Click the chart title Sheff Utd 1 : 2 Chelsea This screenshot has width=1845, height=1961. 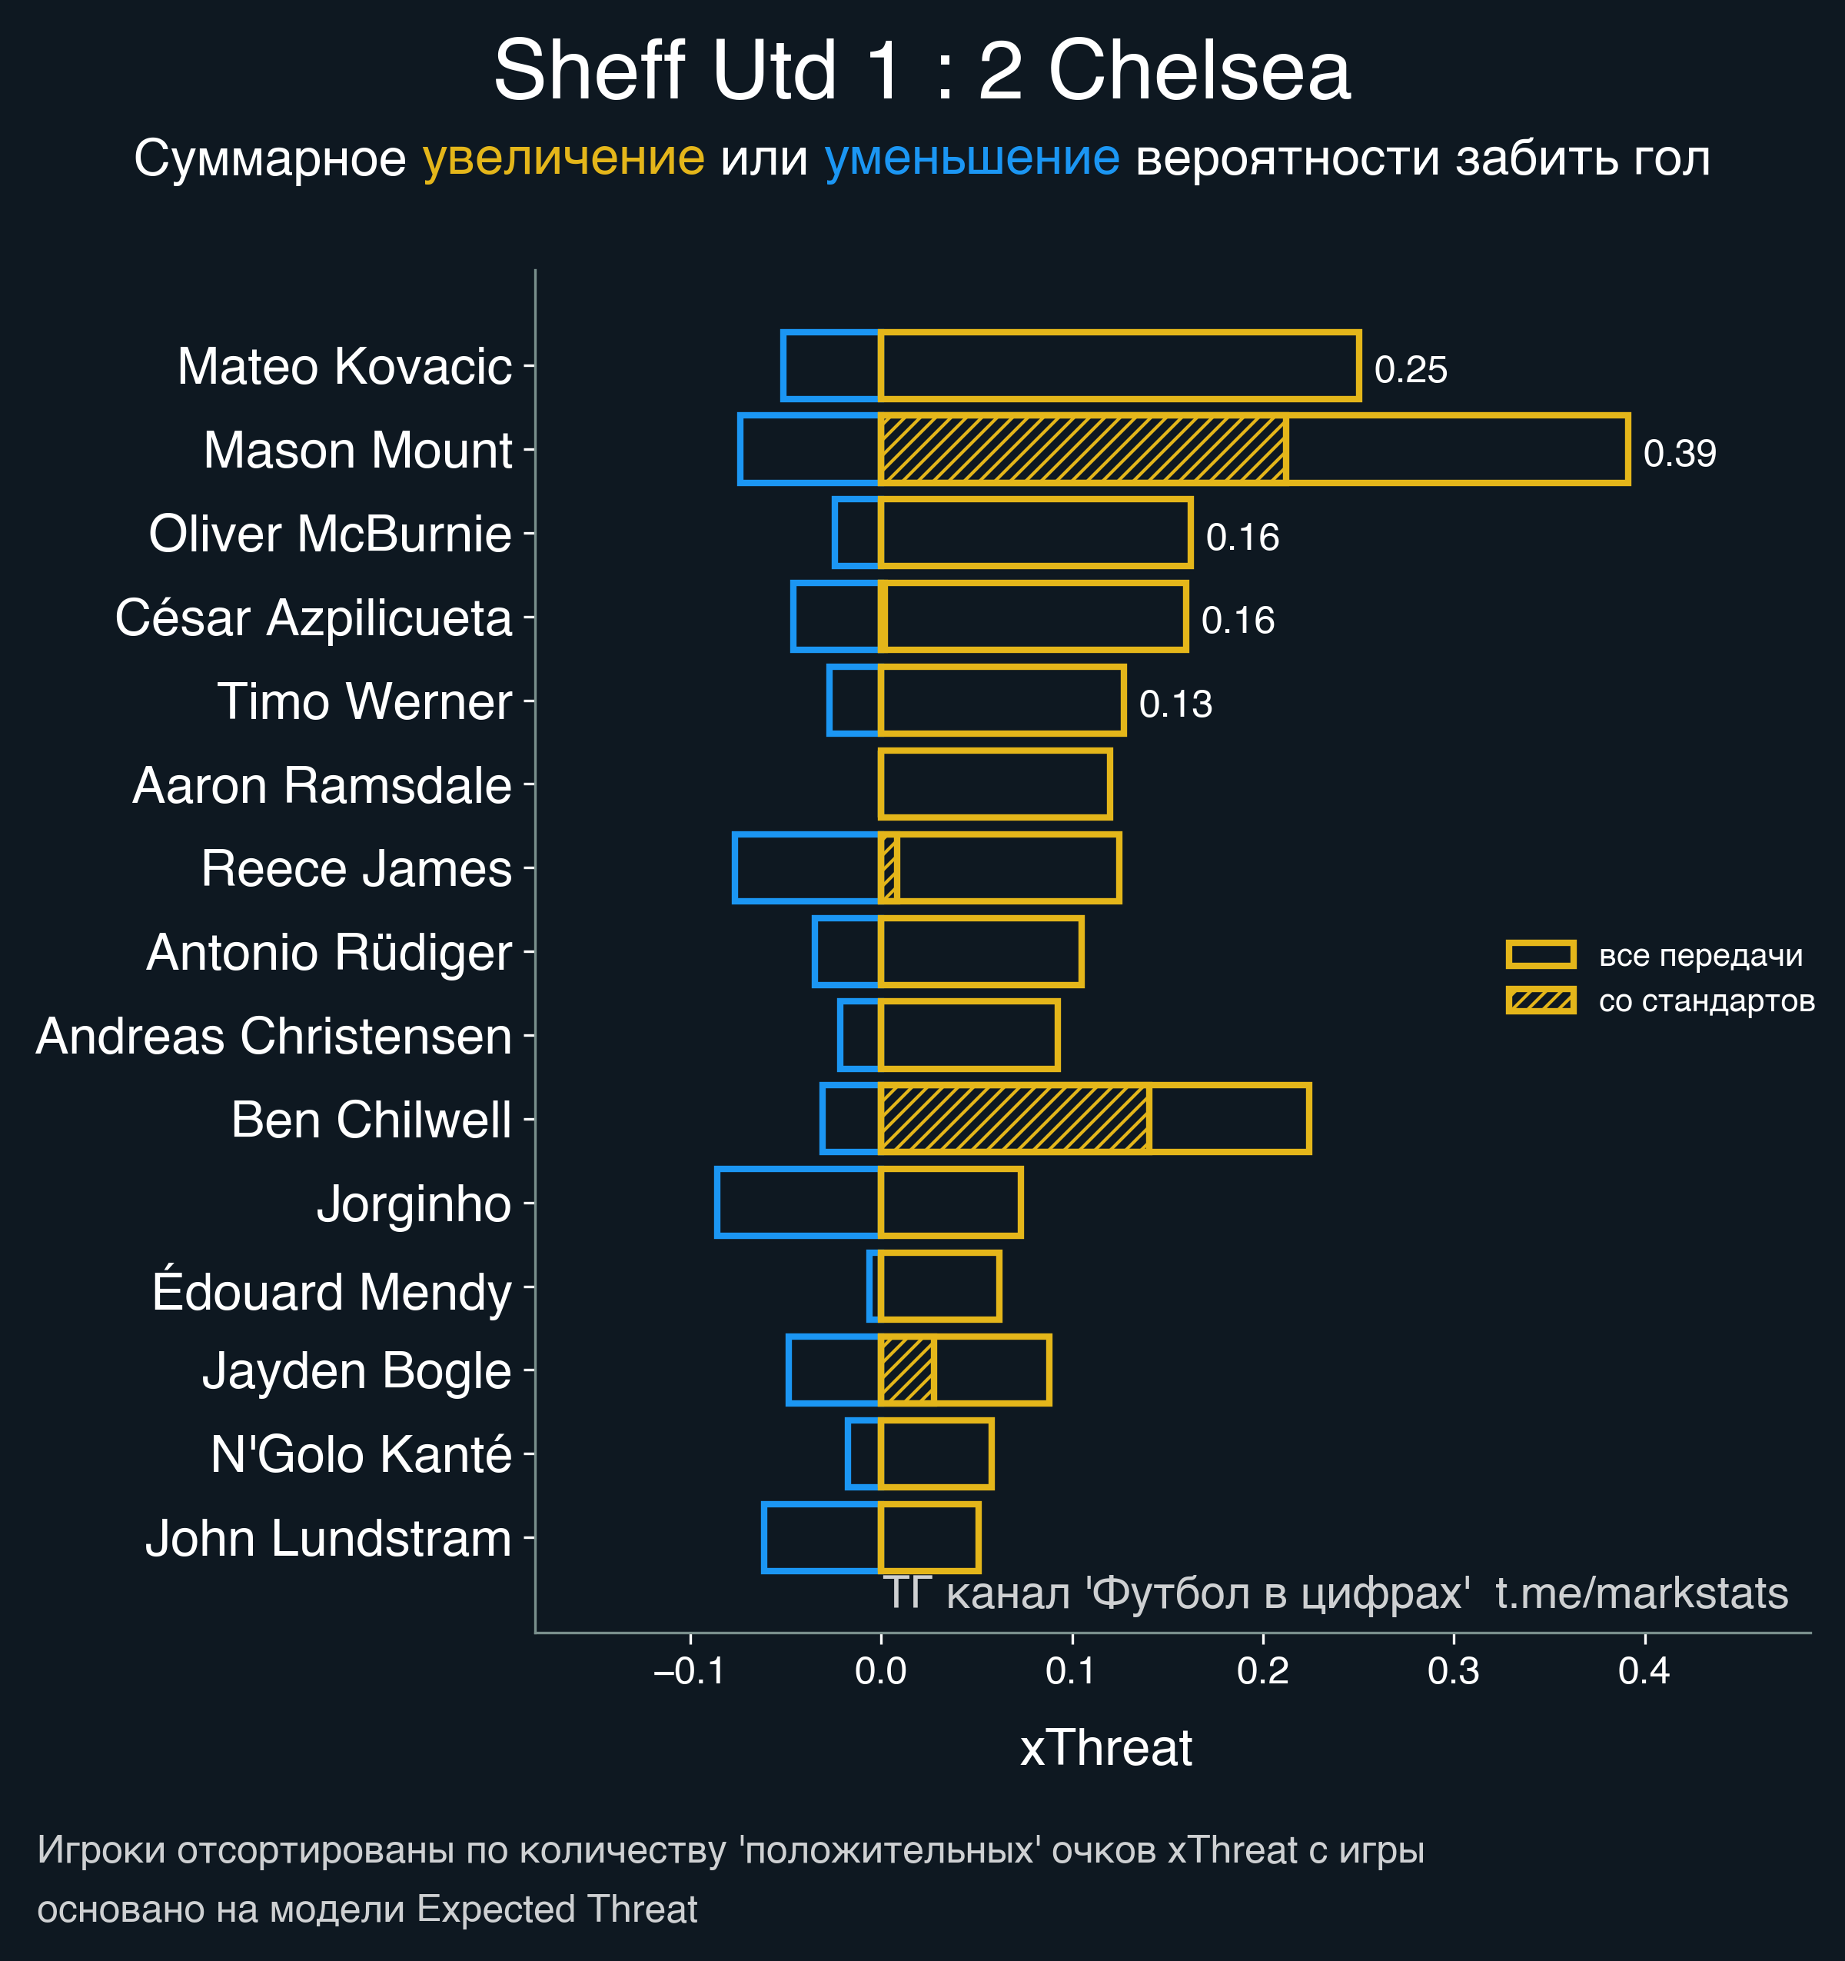[921, 71]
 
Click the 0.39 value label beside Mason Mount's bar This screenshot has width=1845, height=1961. [1680, 454]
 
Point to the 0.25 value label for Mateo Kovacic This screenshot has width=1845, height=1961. [1410, 370]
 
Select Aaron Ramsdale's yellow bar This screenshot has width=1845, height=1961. [995, 784]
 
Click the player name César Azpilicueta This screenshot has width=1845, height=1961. [314, 618]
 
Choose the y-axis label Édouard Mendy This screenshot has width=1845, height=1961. [331, 1292]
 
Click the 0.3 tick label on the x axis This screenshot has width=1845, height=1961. [1454, 1671]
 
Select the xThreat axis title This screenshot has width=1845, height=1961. [1105, 1747]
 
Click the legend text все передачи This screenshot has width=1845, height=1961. [1700, 955]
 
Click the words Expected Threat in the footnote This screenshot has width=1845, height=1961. [557, 1909]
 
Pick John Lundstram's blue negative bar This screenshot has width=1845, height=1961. [820, 1537]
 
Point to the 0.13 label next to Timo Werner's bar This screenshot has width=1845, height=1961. [1175, 704]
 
